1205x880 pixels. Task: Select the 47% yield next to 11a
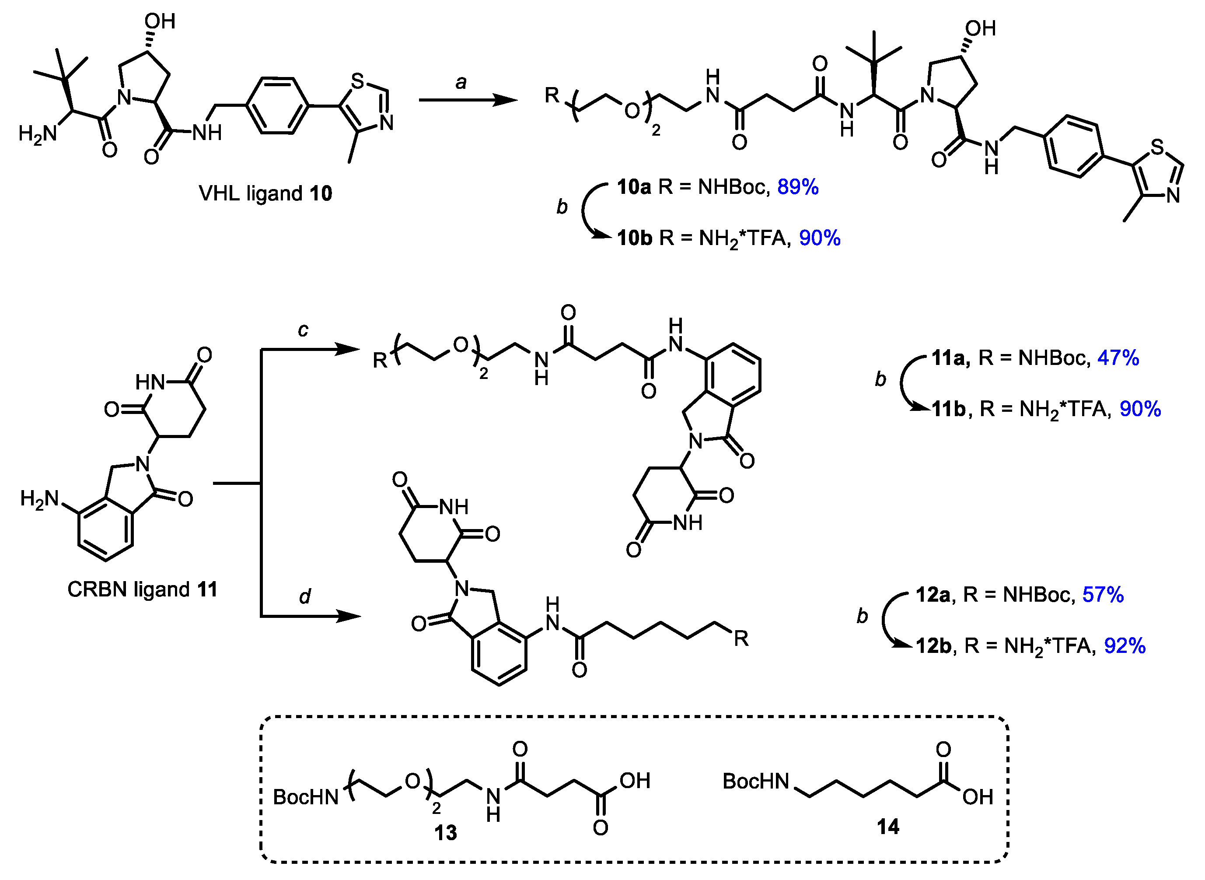1118,358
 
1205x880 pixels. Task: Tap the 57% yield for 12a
1103,595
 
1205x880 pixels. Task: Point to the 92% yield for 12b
1125,645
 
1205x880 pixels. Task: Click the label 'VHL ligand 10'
265,193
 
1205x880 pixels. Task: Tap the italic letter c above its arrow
303,330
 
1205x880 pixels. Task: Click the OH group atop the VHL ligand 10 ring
160,21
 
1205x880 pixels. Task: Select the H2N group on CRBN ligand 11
39,499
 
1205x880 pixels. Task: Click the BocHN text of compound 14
756,782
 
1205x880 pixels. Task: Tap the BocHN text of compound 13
306,797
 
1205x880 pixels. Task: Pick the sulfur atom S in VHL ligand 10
357,81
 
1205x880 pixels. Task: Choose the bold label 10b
634,238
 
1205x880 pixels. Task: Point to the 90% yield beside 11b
1140,409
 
